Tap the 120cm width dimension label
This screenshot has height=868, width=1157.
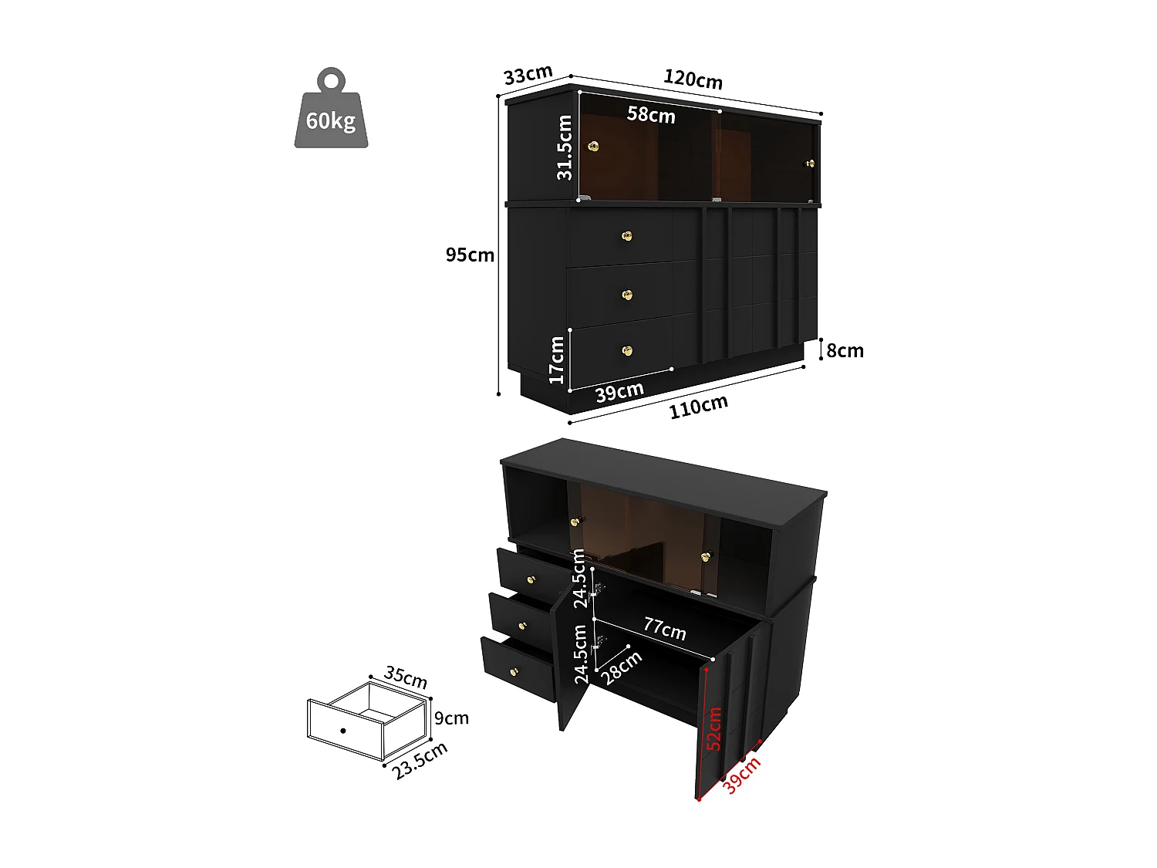coord(693,79)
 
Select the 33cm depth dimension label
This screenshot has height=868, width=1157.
coord(528,75)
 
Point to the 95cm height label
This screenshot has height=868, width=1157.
coord(470,255)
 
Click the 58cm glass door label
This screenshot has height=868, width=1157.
coord(651,115)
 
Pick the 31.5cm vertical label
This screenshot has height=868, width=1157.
coord(565,147)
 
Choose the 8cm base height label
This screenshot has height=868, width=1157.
coord(845,350)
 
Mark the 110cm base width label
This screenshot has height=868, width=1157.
coord(698,407)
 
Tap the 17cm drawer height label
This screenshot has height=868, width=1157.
coord(557,360)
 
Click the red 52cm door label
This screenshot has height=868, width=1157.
coord(715,728)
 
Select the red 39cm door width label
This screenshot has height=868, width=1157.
coord(741,775)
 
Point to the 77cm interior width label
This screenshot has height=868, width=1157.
coord(665,629)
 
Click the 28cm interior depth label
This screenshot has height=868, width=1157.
coord(622,667)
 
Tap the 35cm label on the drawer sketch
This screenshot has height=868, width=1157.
coord(406,677)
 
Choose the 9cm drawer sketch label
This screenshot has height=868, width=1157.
coord(451,718)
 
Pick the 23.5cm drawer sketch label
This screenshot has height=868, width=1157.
coord(420,761)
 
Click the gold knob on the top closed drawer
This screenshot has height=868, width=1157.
coord(627,236)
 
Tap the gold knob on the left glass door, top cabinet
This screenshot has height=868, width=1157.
coord(593,146)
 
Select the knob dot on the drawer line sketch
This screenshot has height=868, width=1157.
coord(342,730)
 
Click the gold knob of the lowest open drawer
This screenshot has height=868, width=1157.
coord(514,672)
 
